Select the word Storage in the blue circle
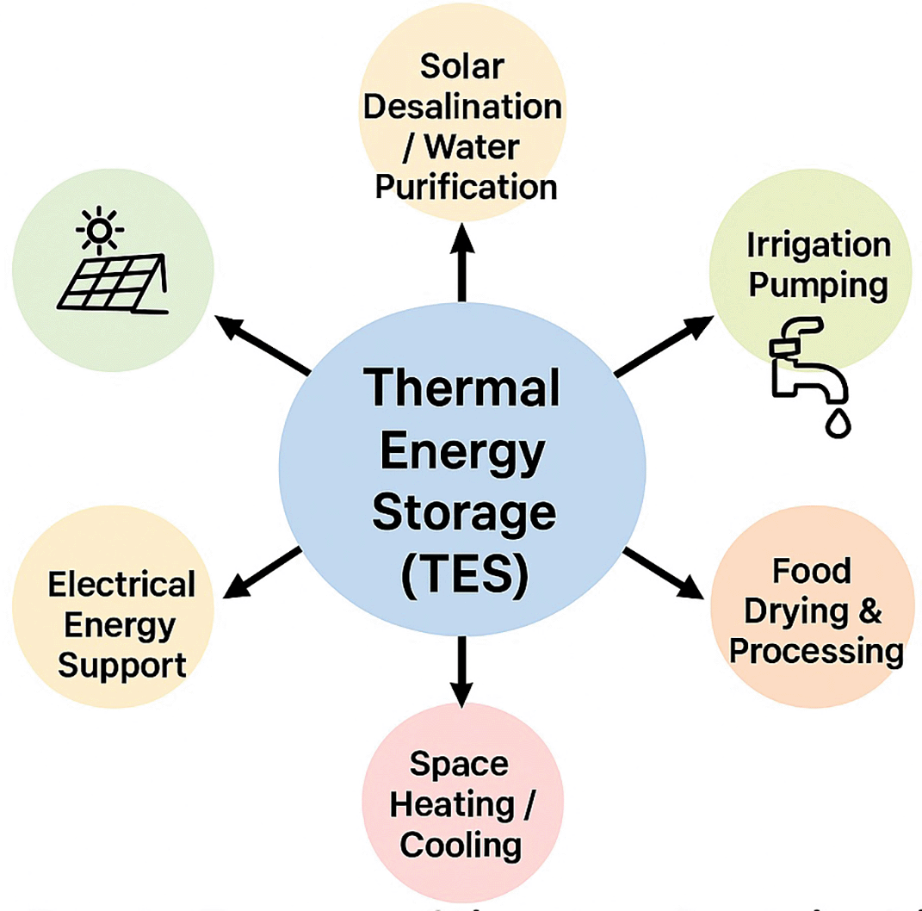click(462, 515)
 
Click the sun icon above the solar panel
click(100, 230)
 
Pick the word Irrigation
click(817, 245)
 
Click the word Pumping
click(817, 284)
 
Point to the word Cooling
click(461, 844)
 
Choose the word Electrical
click(121, 586)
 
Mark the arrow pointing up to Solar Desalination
click(462, 258)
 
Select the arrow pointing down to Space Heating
click(462, 672)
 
